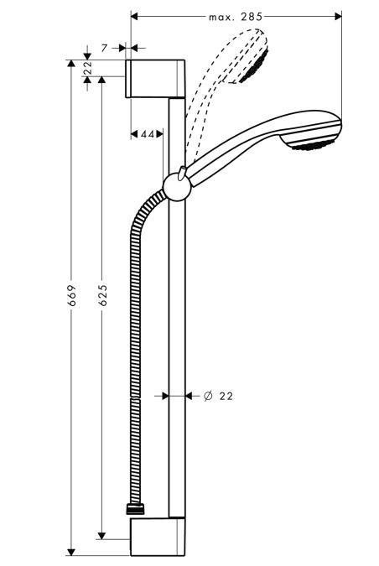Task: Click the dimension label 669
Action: point(72,296)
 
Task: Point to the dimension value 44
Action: point(147,134)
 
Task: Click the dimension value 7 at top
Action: point(104,49)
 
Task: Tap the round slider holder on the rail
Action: point(175,185)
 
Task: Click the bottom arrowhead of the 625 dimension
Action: point(102,533)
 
